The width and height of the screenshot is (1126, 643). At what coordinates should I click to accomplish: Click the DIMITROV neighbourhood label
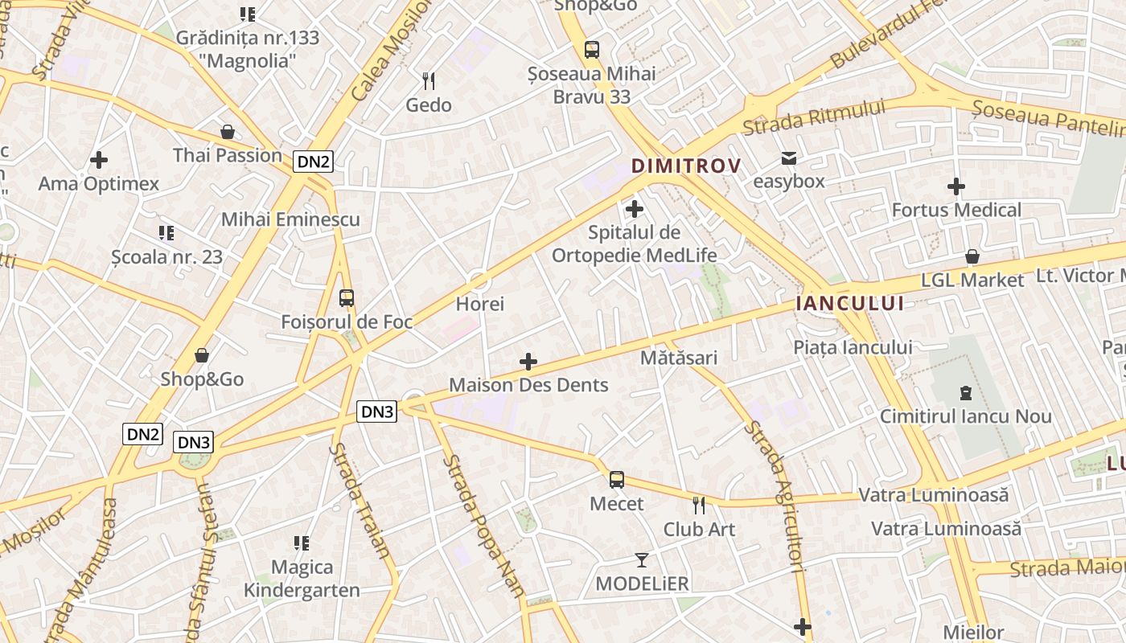tap(685, 166)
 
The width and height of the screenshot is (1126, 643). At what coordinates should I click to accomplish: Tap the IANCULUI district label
tap(849, 303)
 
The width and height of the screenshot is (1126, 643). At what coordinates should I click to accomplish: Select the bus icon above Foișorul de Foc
tap(347, 298)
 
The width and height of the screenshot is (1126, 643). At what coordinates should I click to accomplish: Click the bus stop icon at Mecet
tap(617, 480)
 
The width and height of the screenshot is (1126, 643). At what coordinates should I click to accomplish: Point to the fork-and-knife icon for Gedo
tap(429, 80)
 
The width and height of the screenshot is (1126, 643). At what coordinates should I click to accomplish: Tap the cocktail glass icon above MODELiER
tap(642, 559)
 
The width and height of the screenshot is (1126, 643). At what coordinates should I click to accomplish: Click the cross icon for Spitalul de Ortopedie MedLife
tap(635, 210)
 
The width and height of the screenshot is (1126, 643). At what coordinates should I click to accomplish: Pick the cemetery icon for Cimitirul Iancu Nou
tap(965, 393)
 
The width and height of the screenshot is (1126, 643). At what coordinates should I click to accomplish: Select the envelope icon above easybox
tap(789, 158)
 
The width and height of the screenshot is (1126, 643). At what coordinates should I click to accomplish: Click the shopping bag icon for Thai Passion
tap(228, 132)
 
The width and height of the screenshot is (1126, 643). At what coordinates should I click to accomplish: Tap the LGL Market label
tap(972, 281)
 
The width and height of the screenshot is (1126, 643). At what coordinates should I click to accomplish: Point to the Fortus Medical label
tap(956, 211)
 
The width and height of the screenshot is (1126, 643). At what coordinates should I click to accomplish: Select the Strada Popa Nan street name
tap(484, 526)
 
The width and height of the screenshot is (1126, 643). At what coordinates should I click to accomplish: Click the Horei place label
tap(479, 304)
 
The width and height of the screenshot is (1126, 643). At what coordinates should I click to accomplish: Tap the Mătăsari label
tap(679, 358)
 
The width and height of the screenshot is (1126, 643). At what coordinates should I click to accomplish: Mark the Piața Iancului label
tap(853, 347)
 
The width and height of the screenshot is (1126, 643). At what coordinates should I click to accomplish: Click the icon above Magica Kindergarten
tap(302, 543)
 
